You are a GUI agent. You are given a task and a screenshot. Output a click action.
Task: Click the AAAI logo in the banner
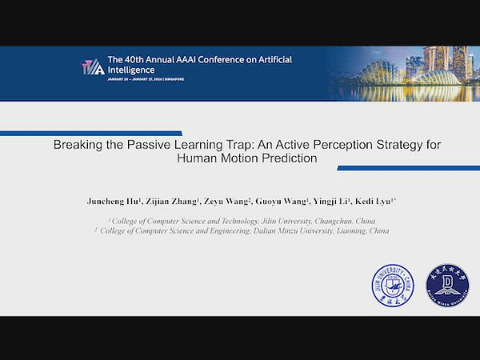[92, 67]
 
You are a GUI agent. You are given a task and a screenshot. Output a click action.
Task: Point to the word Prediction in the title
[289, 158]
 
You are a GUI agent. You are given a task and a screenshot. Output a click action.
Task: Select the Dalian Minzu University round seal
[446, 283]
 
